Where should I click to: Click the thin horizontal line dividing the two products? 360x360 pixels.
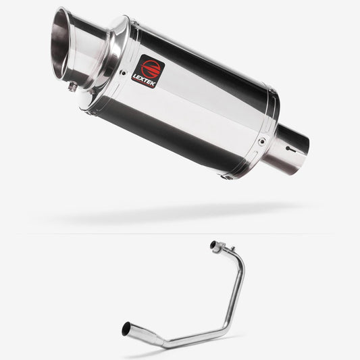[x=180, y=234]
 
